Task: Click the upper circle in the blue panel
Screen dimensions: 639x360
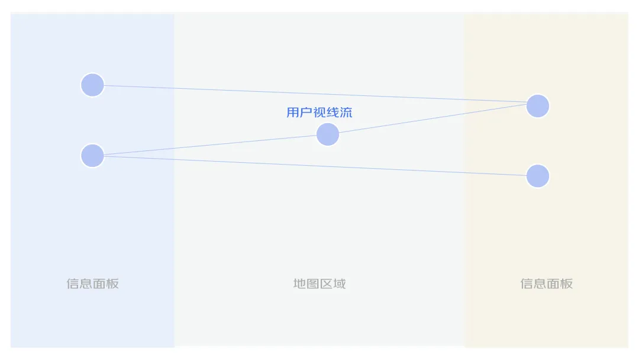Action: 92,85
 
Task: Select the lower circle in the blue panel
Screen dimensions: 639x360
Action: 92,156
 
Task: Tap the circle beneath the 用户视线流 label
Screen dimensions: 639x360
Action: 327,134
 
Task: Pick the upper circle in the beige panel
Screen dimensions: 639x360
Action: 537,106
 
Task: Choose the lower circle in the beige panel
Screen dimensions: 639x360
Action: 537,176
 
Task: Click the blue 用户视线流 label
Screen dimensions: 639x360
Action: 319,112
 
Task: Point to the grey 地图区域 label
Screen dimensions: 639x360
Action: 319,284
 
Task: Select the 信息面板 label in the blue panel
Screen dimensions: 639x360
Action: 93,284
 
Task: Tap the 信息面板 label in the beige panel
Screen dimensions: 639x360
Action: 547,284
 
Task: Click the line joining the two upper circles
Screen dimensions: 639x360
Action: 314,95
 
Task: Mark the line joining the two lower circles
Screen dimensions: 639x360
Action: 314,166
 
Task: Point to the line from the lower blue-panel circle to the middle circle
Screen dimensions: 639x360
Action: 207,146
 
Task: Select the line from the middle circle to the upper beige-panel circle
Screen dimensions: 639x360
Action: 432,120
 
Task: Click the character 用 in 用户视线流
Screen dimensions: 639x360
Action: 293,112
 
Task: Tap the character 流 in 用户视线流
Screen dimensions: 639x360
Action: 346,112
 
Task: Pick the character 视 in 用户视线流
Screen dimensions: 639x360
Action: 319,112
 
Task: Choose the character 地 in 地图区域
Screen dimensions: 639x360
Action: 299,284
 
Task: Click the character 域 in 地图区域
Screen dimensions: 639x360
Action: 340,284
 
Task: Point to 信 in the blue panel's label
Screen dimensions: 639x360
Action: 73,284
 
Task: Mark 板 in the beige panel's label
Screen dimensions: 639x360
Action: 567,284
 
